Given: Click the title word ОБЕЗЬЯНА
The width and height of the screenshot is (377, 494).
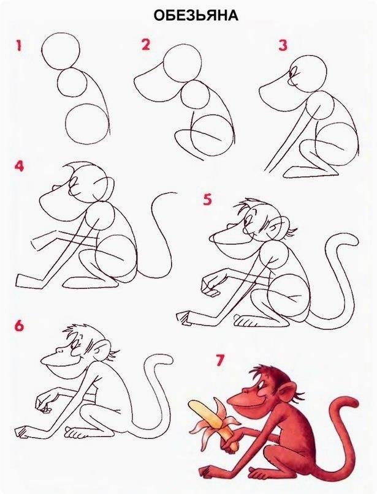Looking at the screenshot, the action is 196,16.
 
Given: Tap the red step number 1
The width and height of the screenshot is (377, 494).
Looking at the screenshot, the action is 19,45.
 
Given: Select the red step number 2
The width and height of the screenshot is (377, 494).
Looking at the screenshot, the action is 145,45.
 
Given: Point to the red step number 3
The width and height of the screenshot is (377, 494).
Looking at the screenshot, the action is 283,45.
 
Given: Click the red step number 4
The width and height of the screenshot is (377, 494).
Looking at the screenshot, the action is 19,166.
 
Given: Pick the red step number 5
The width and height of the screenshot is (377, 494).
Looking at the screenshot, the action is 207,200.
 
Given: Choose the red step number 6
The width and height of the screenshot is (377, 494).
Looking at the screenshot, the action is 19,326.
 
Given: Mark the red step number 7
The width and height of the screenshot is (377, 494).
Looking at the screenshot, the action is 219,361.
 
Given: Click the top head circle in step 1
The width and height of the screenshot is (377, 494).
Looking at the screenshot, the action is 60,51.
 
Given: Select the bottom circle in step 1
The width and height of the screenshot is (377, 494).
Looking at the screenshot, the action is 88,124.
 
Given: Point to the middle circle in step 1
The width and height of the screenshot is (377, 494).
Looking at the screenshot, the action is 72,83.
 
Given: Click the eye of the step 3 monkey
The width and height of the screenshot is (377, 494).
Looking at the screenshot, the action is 295,72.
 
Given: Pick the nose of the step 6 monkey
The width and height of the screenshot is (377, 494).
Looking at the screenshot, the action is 59,350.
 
